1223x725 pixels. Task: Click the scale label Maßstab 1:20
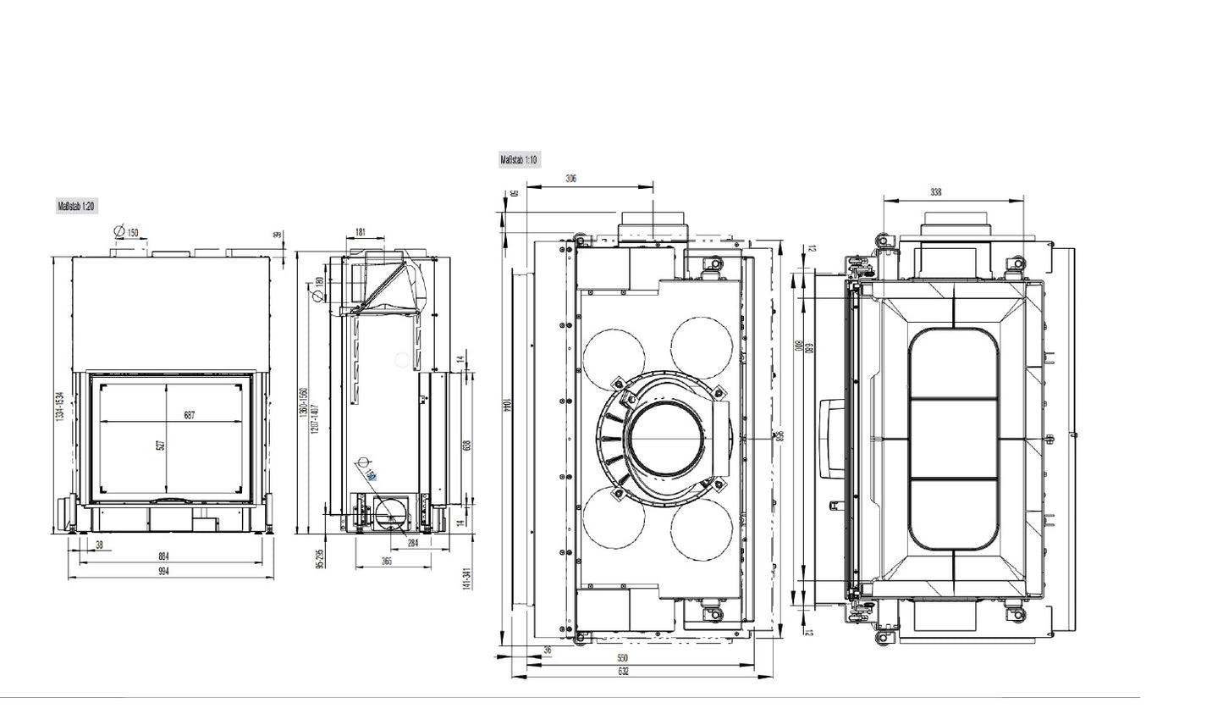[77, 206]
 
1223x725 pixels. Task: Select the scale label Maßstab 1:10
[519, 159]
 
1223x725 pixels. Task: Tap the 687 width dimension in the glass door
[189, 415]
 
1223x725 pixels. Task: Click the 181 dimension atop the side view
[361, 231]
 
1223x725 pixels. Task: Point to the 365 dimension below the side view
[387, 561]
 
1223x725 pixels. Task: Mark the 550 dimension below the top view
[622, 657]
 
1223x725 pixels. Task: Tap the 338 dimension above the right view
[935, 192]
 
